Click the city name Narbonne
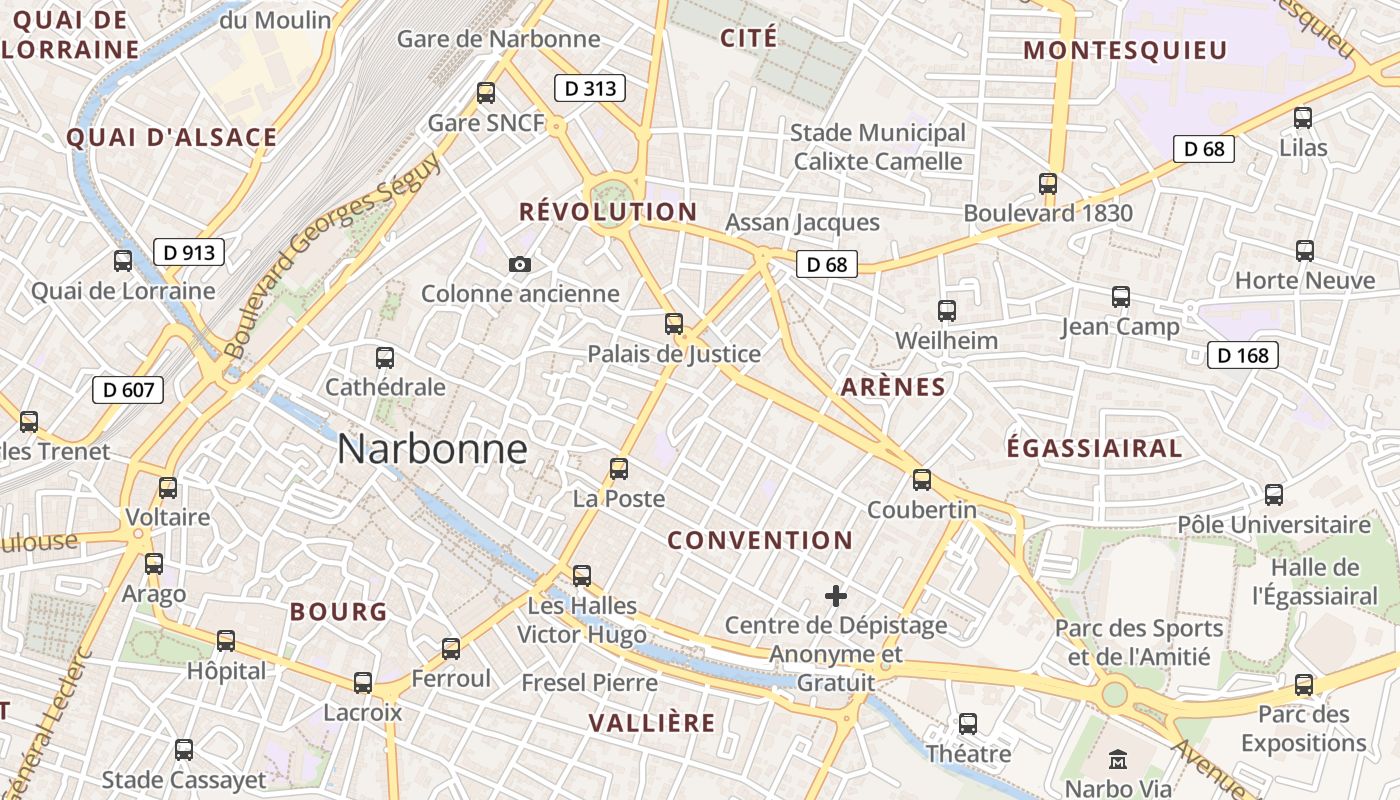coord(432,449)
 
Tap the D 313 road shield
coord(590,88)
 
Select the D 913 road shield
coord(189,252)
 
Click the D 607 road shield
coord(128,389)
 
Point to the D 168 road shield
coord(1243,355)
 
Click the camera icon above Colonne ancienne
coord(520,264)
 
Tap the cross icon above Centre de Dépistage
coord(836,597)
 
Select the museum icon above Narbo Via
coord(1119,759)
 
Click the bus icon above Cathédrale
coord(385,357)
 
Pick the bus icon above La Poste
coord(619,468)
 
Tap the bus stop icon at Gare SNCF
coord(486,93)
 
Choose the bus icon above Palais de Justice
coord(674,324)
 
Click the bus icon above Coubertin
coord(922,480)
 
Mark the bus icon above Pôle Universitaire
coord(1274,494)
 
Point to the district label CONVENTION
coord(760,541)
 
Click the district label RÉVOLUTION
coord(608,212)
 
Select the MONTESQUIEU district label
coord(1125,51)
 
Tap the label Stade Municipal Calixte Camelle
coord(878,147)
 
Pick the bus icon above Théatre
coord(968,723)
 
